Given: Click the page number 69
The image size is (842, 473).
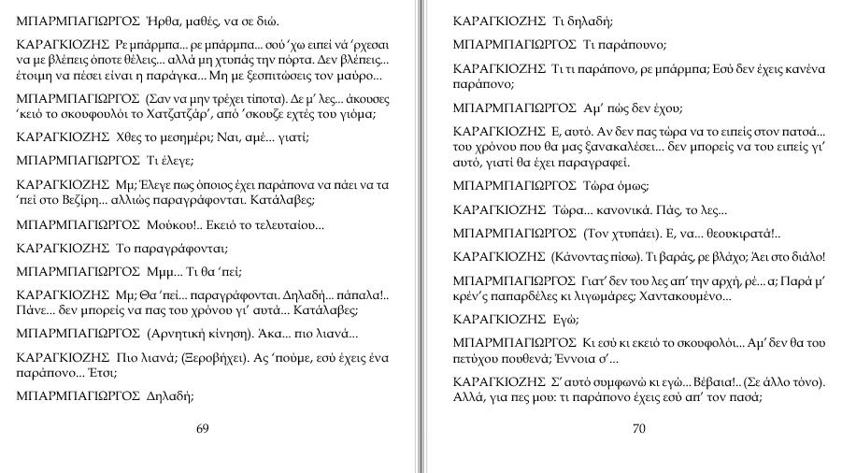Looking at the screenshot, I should pyautogui.click(x=203, y=428).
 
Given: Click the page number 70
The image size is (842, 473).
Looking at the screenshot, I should pyautogui.click(x=639, y=429).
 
